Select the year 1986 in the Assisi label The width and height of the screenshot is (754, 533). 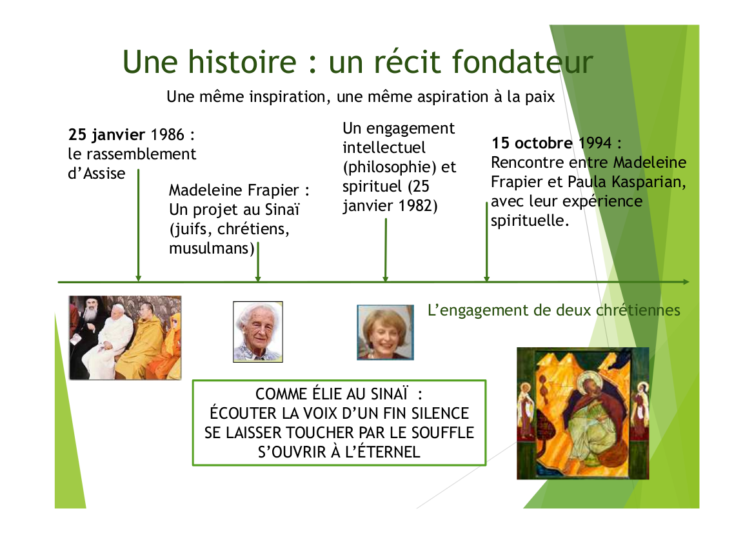[x=167, y=135]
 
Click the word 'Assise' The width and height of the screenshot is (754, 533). [x=104, y=173]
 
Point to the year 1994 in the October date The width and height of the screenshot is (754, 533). [x=595, y=143]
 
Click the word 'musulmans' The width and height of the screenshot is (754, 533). [x=210, y=248]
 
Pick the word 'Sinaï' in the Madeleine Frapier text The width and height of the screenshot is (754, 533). [x=283, y=210]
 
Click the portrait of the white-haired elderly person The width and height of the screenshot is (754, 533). [x=258, y=332]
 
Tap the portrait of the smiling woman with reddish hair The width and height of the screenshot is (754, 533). [x=385, y=332]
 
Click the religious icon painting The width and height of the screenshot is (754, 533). [x=583, y=413]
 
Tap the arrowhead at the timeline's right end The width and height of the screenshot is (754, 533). [x=686, y=282]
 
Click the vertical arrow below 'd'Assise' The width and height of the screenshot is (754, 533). [x=139, y=225]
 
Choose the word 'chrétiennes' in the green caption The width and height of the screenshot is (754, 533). [x=638, y=310]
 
